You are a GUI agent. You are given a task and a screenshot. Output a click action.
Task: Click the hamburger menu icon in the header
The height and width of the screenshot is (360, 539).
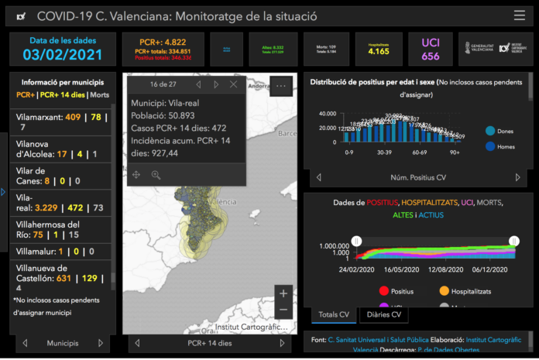[x=519, y=15]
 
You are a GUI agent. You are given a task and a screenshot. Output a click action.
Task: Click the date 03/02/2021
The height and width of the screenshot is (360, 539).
[x=63, y=55]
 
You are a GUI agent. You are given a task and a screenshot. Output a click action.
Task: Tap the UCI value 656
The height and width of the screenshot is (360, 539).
[x=431, y=56]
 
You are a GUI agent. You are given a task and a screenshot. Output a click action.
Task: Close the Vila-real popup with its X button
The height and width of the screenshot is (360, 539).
[x=234, y=84]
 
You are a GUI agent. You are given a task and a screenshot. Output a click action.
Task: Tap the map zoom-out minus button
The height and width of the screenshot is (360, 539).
[x=284, y=310]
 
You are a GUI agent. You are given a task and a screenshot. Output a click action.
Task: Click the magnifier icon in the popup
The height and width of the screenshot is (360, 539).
[x=156, y=175]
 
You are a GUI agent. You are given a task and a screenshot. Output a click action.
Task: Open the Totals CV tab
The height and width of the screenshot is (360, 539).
[x=335, y=315]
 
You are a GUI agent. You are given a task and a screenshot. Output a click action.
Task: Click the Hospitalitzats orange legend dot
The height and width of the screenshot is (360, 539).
[x=445, y=291]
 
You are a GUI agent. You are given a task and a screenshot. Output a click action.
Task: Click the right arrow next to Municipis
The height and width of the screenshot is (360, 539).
[x=100, y=342]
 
